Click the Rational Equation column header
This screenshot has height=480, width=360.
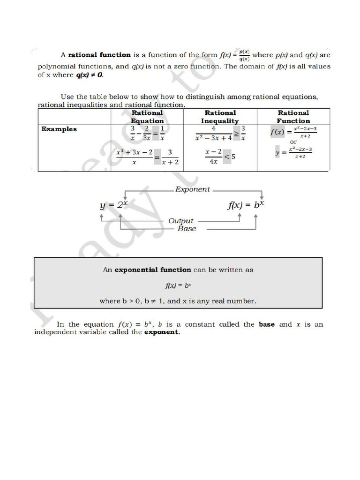(x=147, y=117)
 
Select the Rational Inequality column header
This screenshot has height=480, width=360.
(x=220, y=117)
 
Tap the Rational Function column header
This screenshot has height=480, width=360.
(x=293, y=117)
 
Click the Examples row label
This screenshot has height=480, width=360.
(x=59, y=129)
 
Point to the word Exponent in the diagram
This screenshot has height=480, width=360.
(x=192, y=190)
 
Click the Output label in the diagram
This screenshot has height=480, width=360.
(x=180, y=220)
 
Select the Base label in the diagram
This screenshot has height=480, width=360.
(x=187, y=228)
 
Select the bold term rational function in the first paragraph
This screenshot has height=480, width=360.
(x=99, y=55)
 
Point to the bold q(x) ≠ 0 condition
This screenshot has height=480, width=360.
(x=89, y=75)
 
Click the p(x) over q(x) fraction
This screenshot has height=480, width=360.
(x=244, y=55)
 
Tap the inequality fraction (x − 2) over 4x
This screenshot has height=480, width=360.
(x=213, y=157)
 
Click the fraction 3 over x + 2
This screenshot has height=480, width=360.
(x=170, y=157)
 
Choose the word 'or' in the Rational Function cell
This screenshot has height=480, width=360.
(x=293, y=142)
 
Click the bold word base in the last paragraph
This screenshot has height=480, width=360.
(x=267, y=324)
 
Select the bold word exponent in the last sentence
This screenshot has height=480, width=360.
(x=161, y=332)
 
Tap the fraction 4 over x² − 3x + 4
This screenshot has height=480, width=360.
(x=213, y=133)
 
